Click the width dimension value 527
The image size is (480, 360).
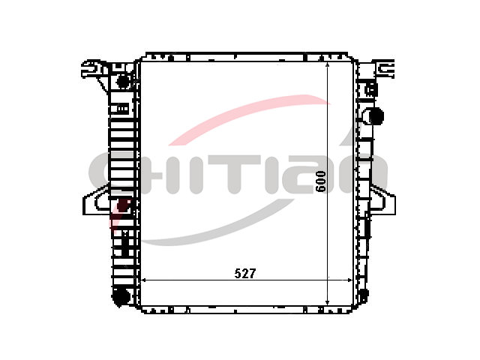point(244,273)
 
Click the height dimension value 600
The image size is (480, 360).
point(320,181)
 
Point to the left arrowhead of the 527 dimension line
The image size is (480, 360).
point(143,280)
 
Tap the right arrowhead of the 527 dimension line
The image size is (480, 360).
point(349,280)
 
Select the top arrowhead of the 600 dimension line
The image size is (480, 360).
point(328,66)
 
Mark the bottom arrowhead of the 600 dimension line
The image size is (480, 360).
point(328,301)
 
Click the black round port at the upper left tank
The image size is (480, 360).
point(123,81)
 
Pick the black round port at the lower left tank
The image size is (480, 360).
point(120,296)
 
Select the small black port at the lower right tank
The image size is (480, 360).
point(363,295)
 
